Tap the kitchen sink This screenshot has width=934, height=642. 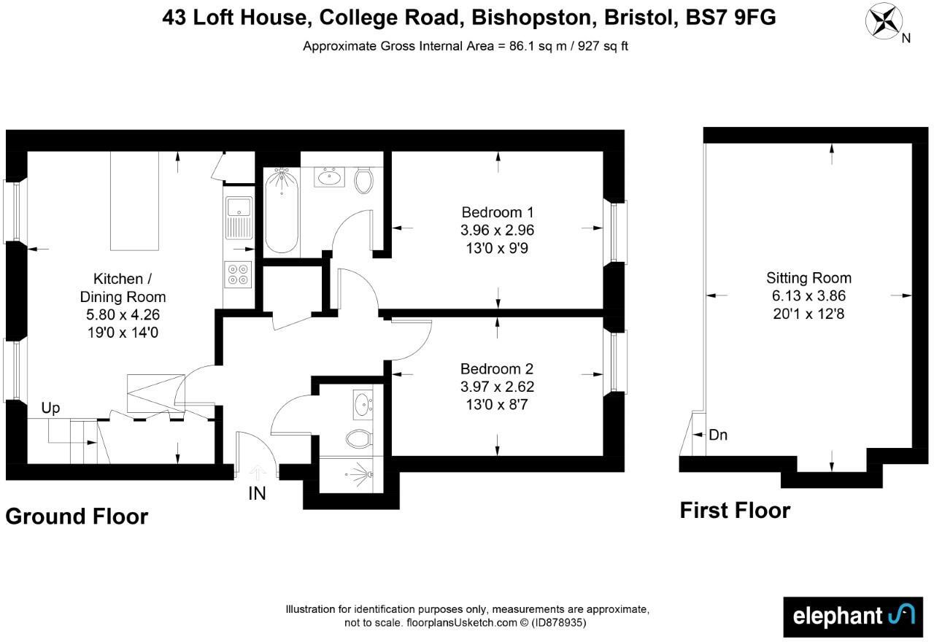[x=239, y=217]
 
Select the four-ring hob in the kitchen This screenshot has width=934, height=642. [x=239, y=274]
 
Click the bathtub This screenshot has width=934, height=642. [x=281, y=211]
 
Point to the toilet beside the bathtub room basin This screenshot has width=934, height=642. [x=363, y=180]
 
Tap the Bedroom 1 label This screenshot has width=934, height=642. [x=498, y=212]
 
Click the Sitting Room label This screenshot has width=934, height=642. [x=808, y=278]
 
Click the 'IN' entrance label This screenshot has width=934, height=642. [x=257, y=494]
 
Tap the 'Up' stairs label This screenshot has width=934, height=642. [x=50, y=408]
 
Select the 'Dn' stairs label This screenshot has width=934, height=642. [x=718, y=436]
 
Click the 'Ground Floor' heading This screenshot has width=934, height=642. [x=77, y=517]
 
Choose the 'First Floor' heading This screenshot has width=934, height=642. [x=735, y=510]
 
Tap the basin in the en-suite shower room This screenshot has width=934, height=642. [x=363, y=404]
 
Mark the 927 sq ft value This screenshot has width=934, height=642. [x=603, y=46]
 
